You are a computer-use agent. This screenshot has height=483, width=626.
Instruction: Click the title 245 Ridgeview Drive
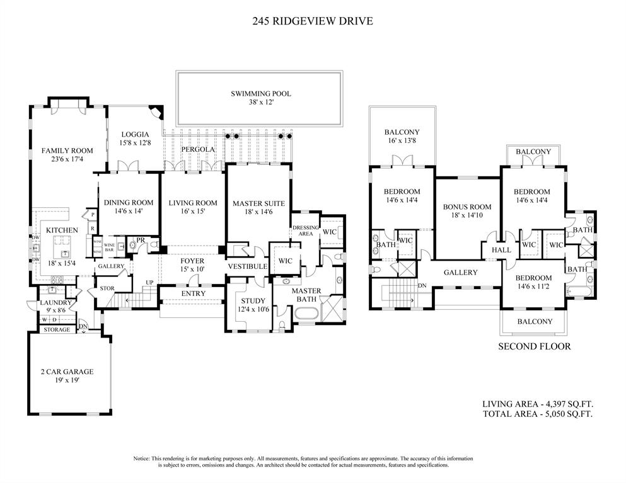click(313, 21)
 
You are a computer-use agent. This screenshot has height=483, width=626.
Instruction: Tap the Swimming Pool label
click(260, 94)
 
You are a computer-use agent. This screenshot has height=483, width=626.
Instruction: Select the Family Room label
click(67, 151)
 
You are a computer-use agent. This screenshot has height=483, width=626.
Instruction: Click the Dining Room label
click(128, 203)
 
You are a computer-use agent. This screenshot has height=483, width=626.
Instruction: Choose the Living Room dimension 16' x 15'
click(192, 212)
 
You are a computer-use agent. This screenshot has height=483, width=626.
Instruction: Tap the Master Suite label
click(258, 203)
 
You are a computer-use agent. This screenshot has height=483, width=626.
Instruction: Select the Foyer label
click(192, 261)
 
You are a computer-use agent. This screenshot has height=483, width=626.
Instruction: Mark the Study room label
click(253, 301)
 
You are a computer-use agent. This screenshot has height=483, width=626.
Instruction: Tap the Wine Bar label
click(110, 246)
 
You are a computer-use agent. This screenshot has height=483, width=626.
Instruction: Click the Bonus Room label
click(467, 207)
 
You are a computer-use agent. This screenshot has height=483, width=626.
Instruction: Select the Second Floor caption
click(535, 346)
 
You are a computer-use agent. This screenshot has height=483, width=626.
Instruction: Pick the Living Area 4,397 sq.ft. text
click(537, 404)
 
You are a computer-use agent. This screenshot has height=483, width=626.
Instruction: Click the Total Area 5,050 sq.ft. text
click(537, 414)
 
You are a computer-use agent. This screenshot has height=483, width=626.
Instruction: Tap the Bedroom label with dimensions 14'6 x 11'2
click(533, 278)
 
